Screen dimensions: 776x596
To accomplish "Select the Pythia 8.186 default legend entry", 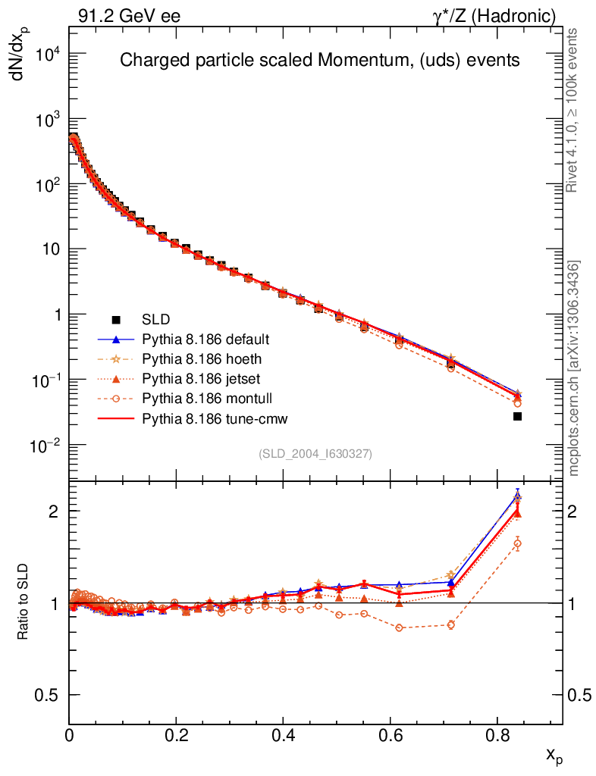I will click(x=205, y=339).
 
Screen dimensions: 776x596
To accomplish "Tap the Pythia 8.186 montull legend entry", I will click(x=206, y=399).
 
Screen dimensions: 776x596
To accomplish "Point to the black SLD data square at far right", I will click(x=517, y=416).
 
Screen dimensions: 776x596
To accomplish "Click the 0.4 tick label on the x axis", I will click(x=283, y=735).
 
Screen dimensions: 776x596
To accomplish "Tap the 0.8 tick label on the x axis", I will click(x=497, y=735).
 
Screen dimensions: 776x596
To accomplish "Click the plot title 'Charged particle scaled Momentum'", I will click(x=320, y=61).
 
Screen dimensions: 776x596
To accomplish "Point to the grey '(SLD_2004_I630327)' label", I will click(x=315, y=453).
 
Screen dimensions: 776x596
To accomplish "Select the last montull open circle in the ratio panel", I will click(x=517, y=543).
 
